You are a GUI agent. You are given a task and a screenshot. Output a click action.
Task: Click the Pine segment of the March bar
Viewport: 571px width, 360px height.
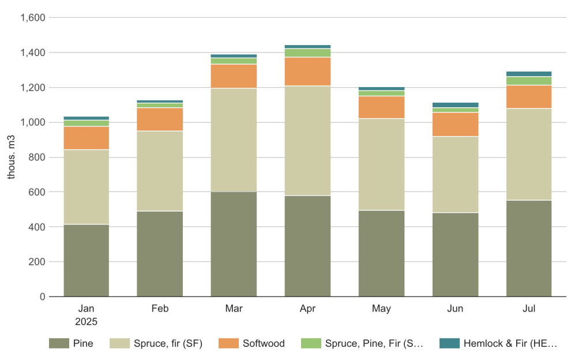(234, 244)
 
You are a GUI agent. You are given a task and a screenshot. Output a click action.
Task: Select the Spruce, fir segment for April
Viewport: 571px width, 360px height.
(307, 141)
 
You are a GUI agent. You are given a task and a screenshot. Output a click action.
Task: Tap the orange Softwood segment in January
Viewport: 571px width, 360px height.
(87, 138)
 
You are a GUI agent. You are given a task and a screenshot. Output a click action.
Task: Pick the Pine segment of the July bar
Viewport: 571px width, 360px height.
(529, 248)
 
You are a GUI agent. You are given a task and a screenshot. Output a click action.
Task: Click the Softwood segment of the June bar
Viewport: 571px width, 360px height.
(455, 124)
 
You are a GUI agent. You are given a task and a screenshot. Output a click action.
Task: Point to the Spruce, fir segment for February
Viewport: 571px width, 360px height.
(160, 171)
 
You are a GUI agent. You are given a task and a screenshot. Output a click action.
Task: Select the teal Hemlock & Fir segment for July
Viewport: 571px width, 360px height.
(529, 74)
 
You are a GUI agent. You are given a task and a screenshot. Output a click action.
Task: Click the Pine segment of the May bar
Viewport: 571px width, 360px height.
(381, 253)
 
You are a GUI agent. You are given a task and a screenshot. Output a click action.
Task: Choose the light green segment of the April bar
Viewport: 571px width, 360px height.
(307, 52)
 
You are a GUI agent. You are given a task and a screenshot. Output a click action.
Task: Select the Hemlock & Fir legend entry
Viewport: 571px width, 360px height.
(499, 343)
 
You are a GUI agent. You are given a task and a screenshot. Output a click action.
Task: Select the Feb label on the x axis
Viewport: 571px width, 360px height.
(160, 309)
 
